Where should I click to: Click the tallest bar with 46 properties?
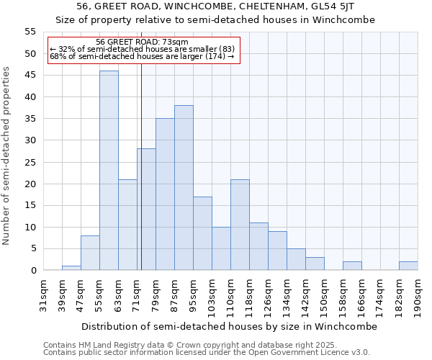109,171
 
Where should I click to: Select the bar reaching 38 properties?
184,188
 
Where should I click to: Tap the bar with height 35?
165,194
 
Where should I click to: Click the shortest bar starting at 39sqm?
71,268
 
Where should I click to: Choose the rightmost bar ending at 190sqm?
408,266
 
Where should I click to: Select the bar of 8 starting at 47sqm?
90,253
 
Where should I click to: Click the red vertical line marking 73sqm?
141,180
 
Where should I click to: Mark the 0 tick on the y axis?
33,271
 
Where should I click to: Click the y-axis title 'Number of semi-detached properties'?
7,156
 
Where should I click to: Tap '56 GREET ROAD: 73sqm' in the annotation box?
142,42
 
